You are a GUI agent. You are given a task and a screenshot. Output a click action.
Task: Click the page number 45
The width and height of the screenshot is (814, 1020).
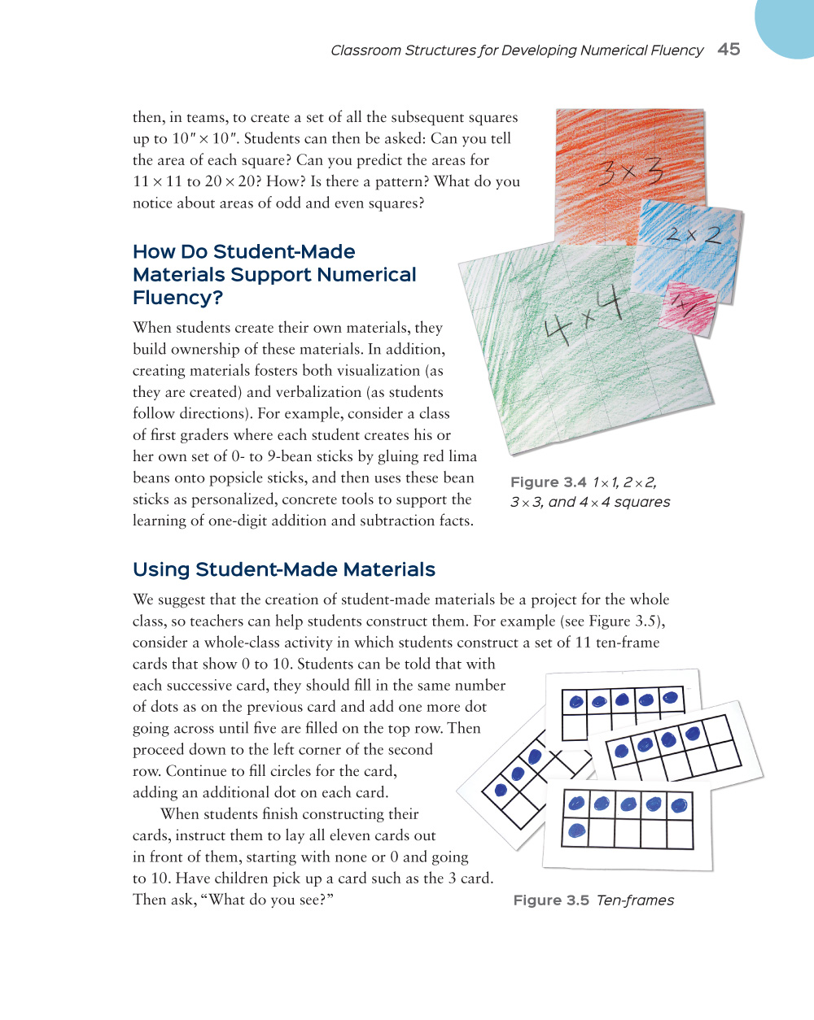pyautogui.click(x=729, y=50)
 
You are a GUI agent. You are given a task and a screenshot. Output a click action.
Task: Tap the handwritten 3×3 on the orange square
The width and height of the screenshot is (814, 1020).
pyautogui.click(x=631, y=172)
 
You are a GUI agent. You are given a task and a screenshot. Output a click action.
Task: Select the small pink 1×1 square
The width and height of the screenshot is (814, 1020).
pyautogui.click(x=689, y=308)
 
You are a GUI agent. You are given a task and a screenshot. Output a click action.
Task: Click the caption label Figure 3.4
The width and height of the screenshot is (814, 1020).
pyautogui.click(x=548, y=482)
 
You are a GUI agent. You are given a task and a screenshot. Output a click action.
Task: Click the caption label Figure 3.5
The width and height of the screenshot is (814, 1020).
pyautogui.click(x=551, y=900)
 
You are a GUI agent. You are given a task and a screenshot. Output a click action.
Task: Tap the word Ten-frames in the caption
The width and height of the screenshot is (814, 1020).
pyautogui.click(x=635, y=900)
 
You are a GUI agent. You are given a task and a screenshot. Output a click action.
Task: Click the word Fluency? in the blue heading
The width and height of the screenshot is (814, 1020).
pyautogui.click(x=177, y=299)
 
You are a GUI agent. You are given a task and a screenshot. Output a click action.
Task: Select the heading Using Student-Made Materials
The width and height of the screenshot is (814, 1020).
pyautogui.click(x=284, y=569)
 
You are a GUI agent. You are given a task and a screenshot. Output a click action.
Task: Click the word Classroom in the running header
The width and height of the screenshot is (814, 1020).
pyautogui.click(x=365, y=50)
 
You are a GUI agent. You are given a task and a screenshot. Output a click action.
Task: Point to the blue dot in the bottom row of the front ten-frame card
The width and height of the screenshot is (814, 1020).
pyautogui.click(x=577, y=831)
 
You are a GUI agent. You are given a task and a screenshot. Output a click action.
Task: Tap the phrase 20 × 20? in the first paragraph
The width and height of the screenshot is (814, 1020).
pyautogui.click(x=230, y=181)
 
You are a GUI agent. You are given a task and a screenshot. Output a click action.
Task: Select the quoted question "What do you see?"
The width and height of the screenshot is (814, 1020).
pyautogui.click(x=270, y=900)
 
